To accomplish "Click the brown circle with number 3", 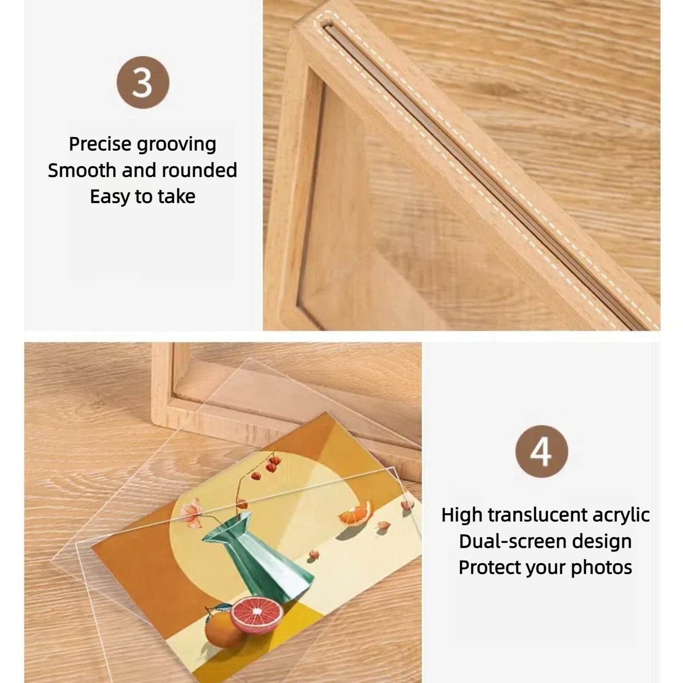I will (x=143, y=82).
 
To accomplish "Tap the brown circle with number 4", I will (x=541, y=451).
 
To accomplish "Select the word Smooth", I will (x=82, y=170).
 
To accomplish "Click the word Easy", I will (x=109, y=197).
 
